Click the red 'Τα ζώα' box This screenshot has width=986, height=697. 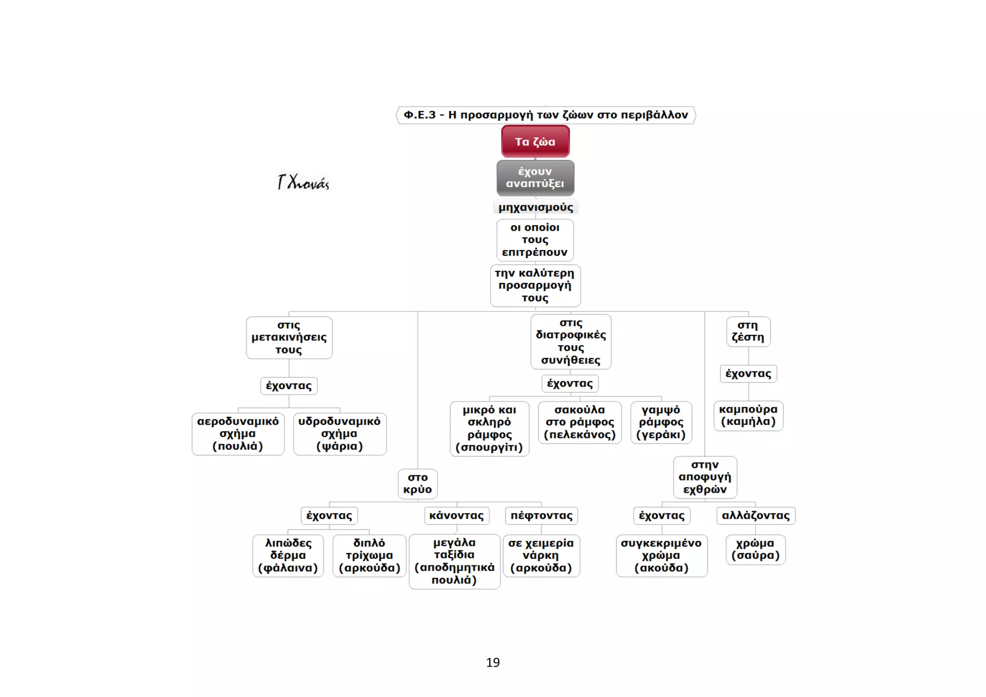(535, 142)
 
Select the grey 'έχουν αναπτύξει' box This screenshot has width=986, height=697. (535, 178)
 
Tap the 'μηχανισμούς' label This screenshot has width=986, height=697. (536, 207)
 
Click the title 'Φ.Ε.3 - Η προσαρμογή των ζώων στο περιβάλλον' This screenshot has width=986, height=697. (545, 115)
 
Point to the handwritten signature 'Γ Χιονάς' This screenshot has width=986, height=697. (303, 182)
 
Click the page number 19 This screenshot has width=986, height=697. (493, 662)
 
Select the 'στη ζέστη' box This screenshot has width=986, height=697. (748, 331)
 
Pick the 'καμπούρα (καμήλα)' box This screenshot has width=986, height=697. (748, 415)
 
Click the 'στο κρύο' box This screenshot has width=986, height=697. (418, 484)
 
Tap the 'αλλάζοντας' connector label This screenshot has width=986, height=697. (756, 516)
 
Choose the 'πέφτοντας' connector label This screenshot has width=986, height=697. (542, 516)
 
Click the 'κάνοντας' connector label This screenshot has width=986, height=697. (456, 516)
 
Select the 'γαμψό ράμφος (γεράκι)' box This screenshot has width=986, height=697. (661, 422)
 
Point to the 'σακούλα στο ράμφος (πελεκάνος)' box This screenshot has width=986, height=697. (580, 422)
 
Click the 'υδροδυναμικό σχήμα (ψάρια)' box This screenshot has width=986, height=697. (339, 434)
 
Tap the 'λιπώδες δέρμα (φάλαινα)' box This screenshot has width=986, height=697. (288, 555)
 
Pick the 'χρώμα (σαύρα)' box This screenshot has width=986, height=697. (755, 549)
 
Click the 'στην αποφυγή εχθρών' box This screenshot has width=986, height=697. (705, 477)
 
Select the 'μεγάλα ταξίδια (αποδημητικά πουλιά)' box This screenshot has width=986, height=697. (454, 561)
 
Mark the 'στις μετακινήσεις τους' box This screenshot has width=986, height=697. (289, 337)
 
